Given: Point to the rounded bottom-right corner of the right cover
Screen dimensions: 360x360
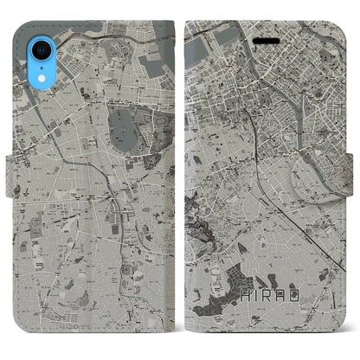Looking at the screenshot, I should [x=343, y=337].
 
